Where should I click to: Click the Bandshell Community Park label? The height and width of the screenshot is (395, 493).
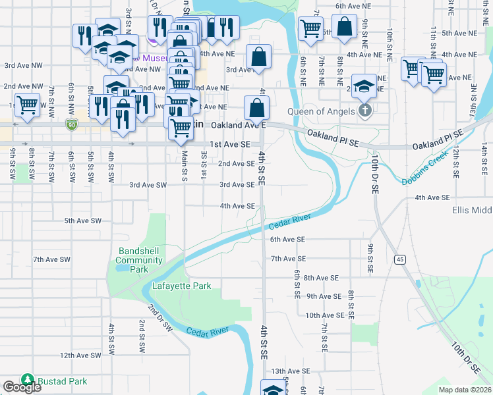[139, 260]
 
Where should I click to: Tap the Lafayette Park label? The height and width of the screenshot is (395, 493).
[181, 286]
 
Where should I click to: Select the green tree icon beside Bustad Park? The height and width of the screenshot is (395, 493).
[27, 381]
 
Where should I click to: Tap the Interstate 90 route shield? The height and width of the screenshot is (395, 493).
[72, 123]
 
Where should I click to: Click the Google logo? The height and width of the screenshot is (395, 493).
[22, 388]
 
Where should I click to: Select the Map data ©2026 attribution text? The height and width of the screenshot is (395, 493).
[464, 390]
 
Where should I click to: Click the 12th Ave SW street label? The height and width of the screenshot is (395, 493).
[80, 355]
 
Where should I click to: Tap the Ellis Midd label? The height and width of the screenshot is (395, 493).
[472, 210]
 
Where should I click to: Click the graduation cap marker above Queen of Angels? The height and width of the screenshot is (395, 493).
[363, 86]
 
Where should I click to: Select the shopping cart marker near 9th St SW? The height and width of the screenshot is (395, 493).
[28, 105]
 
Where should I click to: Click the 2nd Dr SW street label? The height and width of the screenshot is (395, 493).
[161, 318]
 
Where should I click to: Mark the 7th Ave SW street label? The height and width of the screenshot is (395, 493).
[51, 260]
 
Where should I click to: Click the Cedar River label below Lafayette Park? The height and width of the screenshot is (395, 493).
[212, 330]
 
